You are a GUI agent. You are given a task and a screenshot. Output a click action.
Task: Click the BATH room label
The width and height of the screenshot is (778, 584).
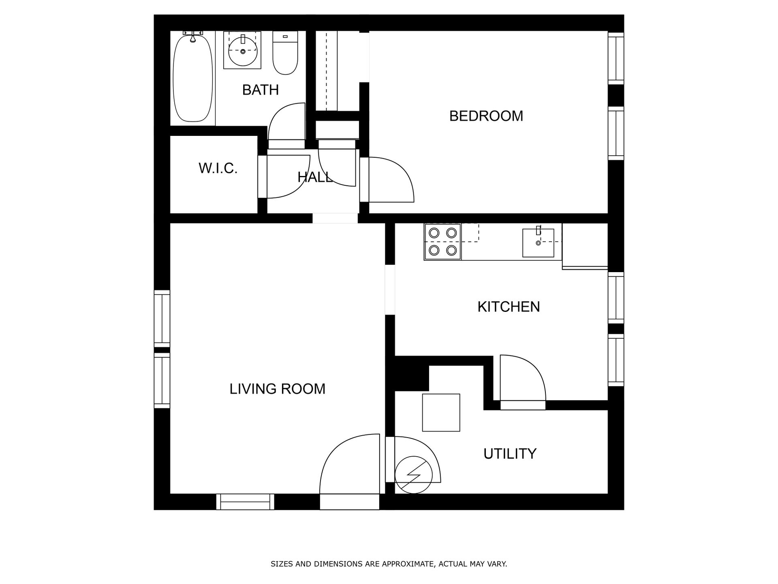[x=260, y=90]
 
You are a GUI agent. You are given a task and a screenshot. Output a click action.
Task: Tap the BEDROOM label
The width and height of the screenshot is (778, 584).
[x=486, y=116]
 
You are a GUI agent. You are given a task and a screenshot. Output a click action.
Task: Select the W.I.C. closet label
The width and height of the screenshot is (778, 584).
[x=218, y=168]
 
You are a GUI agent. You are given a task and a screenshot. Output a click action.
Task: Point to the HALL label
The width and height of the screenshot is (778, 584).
[x=315, y=177]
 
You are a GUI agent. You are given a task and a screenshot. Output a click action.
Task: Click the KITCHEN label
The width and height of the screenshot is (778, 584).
[x=509, y=307]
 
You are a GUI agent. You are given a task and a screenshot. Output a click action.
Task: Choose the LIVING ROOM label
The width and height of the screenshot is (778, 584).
[x=278, y=389]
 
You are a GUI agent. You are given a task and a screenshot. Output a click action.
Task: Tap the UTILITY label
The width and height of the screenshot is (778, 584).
[x=510, y=453]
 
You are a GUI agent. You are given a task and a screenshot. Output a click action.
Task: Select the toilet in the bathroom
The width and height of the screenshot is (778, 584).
[x=285, y=53]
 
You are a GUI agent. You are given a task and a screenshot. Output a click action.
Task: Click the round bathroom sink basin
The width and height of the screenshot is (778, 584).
[x=243, y=50]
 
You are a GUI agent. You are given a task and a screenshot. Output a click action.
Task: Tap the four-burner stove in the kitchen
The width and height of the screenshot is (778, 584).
[x=442, y=242]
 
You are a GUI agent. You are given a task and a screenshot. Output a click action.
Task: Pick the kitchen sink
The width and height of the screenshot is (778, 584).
[x=538, y=243]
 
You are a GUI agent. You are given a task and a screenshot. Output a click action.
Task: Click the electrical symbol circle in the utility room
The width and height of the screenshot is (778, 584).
[x=413, y=475]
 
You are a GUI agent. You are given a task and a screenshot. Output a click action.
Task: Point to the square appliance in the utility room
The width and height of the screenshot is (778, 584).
[x=441, y=412]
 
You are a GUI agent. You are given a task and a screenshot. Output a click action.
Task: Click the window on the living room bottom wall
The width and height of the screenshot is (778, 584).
[x=245, y=502]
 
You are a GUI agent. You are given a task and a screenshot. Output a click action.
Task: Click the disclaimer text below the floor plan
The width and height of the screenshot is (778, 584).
[x=389, y=564]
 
